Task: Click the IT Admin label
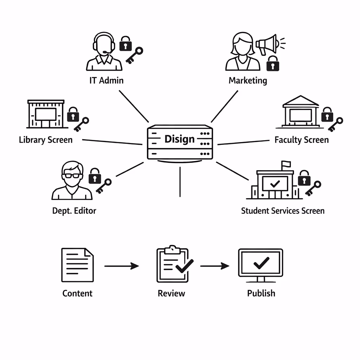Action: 107,80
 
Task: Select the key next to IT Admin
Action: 135,56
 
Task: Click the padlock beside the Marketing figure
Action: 272,63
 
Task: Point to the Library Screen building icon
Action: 46,114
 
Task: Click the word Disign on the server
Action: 179,139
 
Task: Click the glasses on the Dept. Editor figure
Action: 72,176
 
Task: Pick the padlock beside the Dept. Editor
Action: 95,176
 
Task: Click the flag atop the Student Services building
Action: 285,164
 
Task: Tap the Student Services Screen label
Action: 283,211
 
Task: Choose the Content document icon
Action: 78,265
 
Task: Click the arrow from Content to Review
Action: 122,266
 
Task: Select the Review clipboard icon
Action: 173,264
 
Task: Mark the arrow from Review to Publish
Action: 214,266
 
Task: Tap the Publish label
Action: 261,293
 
